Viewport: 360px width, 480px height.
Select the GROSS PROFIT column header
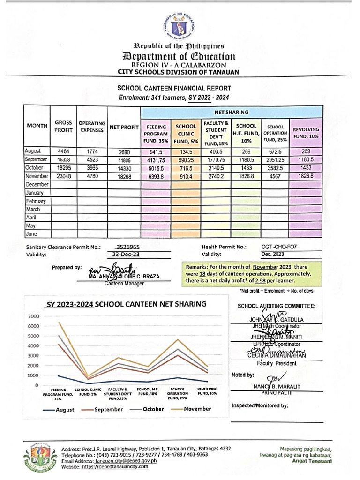(x=63, y=126)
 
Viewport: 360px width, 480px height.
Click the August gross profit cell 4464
(x=63, y=151)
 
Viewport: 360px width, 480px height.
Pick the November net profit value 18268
(x=124, y=176)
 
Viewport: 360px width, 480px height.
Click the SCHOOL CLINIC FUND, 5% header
(x=186, y=133)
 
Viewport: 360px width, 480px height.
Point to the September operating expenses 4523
(x=91, y=160)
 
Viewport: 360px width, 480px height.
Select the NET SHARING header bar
(x=232, y=112)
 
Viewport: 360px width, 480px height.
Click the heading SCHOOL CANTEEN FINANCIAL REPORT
(x=174, y=88)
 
